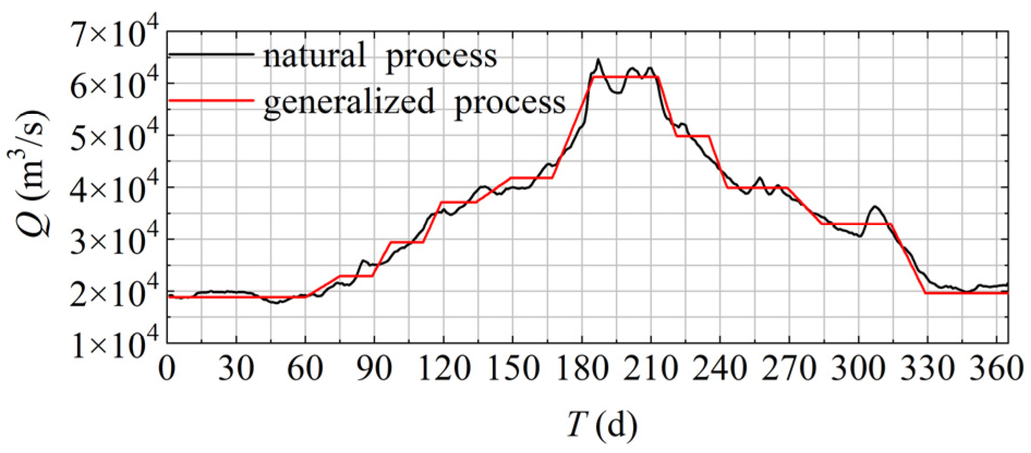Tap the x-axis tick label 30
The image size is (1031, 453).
coord(236,370)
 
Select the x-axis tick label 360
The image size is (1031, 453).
coord(999,370)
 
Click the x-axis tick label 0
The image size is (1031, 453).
coord(167,370)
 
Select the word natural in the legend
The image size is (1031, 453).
coord(314,56)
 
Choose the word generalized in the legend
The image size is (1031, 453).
coord(349,101)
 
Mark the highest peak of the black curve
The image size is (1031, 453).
coord(598,59)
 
